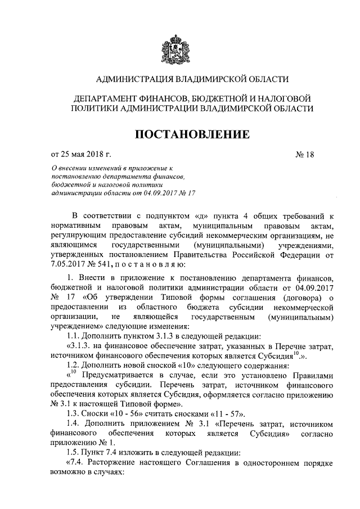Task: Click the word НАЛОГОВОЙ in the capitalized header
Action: tap(285, 98)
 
